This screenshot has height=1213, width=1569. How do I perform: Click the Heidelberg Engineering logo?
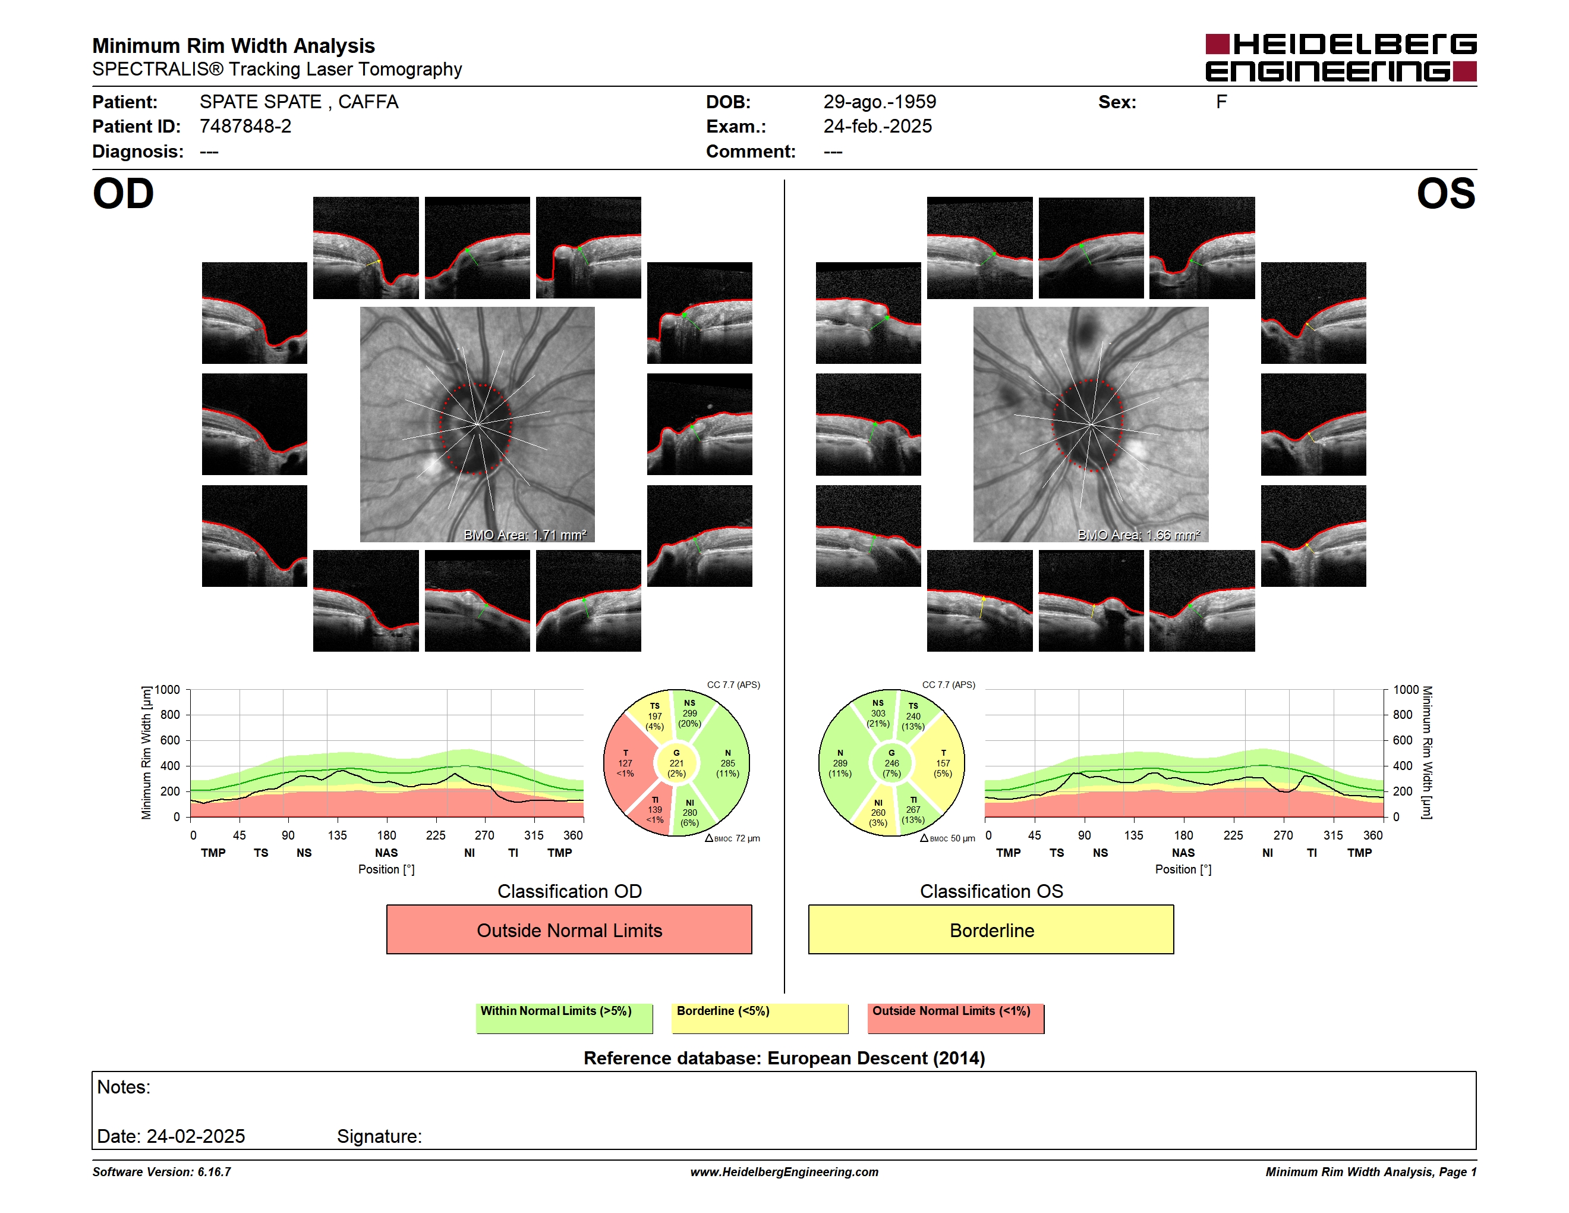1341,58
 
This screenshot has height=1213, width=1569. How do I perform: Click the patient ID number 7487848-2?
245,127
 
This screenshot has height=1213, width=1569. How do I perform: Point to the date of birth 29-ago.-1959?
880,102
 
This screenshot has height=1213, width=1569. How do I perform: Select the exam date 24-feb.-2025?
877,127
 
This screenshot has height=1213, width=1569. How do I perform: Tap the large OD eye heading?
123,193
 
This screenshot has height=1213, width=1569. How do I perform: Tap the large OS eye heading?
1445,193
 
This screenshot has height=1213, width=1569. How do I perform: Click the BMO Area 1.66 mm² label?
1139,535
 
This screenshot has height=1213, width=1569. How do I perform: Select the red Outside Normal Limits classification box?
569,929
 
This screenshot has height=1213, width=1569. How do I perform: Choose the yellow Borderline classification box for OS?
991,929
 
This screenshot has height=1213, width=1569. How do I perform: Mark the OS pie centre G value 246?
891,763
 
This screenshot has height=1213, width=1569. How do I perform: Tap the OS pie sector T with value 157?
943,763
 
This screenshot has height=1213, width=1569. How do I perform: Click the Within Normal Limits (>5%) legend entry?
564,1018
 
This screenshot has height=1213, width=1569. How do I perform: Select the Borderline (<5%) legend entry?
760,1018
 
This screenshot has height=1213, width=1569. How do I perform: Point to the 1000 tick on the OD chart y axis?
168,690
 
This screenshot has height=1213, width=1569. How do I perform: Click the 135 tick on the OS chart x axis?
1133,835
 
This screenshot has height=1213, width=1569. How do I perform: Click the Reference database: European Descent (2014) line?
784,1058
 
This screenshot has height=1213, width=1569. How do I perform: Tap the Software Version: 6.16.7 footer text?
162,1172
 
